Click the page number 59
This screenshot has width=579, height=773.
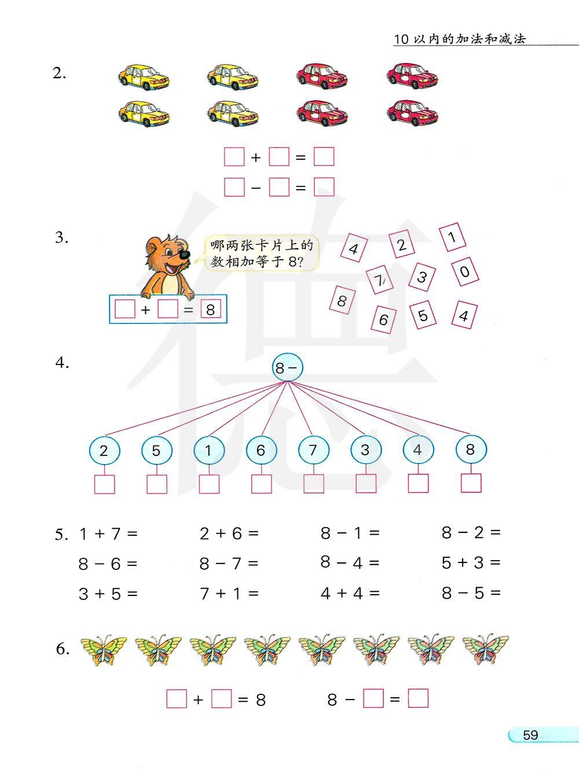tap(530, 735)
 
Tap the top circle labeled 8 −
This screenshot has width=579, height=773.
tap(287, 367)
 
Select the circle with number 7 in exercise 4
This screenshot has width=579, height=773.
tap(313, 450)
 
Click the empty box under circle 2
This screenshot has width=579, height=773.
tap(104, 484)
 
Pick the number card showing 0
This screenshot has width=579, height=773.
tap(464, 271)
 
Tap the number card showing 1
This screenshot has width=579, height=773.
tap(452, 237)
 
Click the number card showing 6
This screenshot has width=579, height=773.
tap(383, 319)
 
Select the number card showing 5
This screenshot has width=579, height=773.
tap(423, 315)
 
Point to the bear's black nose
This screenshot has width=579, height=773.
tap(184, 254)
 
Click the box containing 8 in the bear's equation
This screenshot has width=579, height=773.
tap(210, 310)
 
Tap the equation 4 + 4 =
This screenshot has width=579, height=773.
tap(350, 593)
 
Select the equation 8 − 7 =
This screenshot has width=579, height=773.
tap(229, 564)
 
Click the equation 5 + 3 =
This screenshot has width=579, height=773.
tap(471, 562)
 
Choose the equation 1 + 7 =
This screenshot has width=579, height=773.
tap(108, 533)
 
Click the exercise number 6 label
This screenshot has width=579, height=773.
tap(63, 649)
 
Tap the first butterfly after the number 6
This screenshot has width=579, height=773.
tap(104, 649)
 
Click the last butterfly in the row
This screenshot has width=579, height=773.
tap(485, 649)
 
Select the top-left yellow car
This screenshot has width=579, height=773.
tap(144, 77)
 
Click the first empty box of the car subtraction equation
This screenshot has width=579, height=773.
tap(234, 187)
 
